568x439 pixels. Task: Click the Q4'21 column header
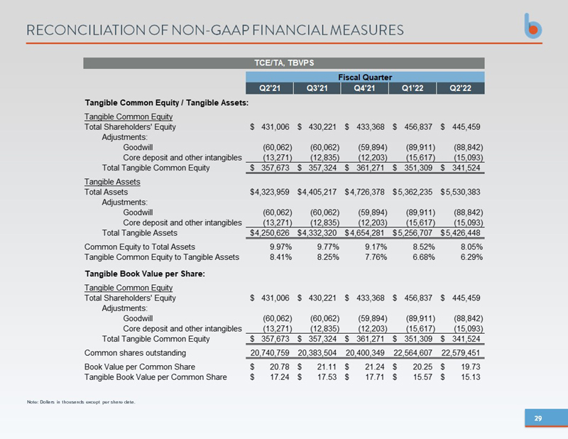coord(364,89)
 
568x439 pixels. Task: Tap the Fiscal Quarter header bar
coord(365,77)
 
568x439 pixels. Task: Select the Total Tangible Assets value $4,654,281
coord(366,232)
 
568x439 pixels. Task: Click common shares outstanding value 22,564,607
coord(413,352)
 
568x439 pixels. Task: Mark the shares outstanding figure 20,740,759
coord(272,352)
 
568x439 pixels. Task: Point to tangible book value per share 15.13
coord(469,377)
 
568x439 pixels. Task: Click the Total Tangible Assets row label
coord(141,232)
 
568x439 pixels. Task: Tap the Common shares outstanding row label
coord(135,352)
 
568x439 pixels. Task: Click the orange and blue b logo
coord(536,27)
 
